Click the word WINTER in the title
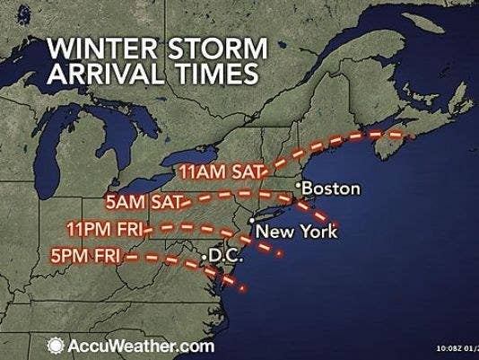point(93,47)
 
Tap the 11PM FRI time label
point(114,229)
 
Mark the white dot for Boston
point(299,184)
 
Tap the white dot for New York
point(253,220)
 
